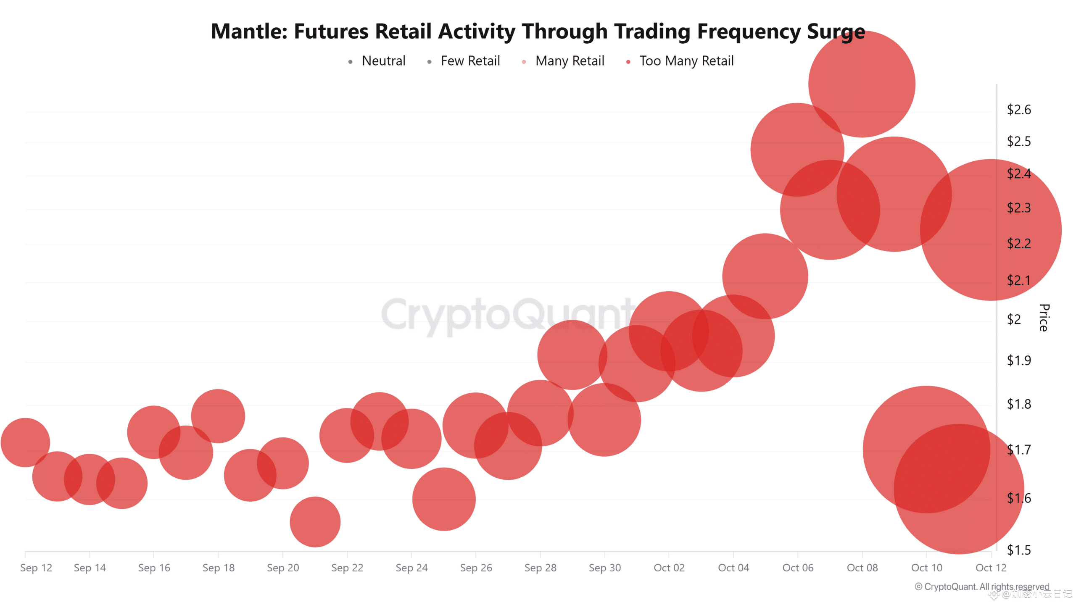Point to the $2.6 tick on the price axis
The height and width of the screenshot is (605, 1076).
[x=1018, y=110]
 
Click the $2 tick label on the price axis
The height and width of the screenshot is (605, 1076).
[x=1014, y=320]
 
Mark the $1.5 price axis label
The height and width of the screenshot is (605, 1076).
[x=1018, y=550]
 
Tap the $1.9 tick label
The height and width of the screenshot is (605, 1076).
[x=1018, y=360]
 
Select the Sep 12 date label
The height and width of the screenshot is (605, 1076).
[x=36, y=568]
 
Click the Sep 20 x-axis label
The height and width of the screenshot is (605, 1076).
[x=283, y=568]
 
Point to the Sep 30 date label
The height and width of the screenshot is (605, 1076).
[x=605, y=568]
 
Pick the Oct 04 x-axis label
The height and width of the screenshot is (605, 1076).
[x=733, y=568]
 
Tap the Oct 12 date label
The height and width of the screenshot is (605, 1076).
[x=991, y=568]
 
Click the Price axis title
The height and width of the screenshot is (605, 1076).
[x=1044, y=318]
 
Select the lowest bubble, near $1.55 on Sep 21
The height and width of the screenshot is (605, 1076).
[x=315, y=522]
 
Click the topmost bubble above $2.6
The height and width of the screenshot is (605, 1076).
[x=862, y=84]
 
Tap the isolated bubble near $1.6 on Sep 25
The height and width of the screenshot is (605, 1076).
[x=444, y=499]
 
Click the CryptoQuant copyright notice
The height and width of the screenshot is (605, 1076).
[x=982, y=587]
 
